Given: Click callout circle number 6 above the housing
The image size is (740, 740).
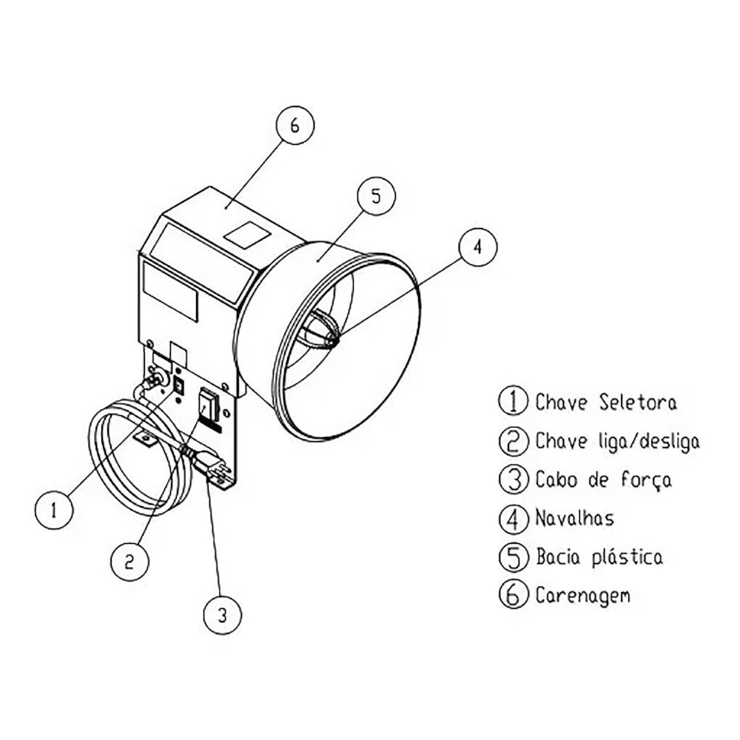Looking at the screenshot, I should [295, 127].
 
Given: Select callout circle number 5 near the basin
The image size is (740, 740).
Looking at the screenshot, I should [375, 196].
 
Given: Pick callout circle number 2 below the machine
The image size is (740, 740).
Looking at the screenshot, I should [129, 562].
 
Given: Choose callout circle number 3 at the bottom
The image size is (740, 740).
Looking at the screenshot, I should [223, 613].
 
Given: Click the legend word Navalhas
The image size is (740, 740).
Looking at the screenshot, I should [574, 518].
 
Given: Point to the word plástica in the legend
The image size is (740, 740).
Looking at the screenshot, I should [628, 556].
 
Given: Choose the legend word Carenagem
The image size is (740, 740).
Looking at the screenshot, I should [583, 595].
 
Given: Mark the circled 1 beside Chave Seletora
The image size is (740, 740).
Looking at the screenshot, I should [512, 402].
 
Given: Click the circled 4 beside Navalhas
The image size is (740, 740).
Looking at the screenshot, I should [512, 518].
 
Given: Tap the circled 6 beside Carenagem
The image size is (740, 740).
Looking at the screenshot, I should [512, 595].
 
